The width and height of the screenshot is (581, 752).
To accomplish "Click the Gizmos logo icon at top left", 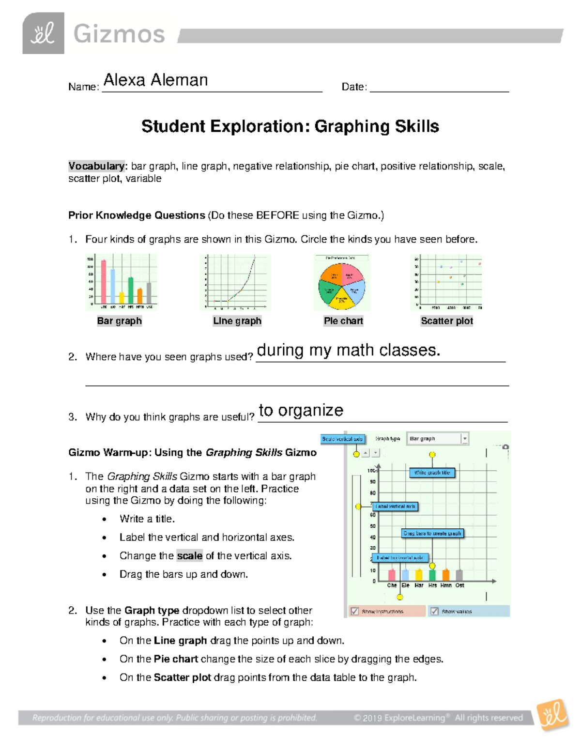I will click(x=43, y=33).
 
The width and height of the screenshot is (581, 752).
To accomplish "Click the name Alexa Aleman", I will click(x=155, y=80).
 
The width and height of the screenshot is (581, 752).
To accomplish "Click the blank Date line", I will click(x=439, y=87).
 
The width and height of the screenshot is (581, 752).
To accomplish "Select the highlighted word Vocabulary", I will click(x=96, y=166).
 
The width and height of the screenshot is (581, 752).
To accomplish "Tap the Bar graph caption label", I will click(x=119, y=321).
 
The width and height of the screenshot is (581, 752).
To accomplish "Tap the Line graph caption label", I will click(x=237, y=321).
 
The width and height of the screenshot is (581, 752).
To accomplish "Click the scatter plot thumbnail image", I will click(x=446, y=282).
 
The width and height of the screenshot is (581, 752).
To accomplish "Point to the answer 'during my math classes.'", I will click(x=348, y=350).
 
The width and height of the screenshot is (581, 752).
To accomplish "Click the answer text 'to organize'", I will click(x=301, y=410).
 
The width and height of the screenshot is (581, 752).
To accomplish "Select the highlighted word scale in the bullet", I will click(x=189, y=556).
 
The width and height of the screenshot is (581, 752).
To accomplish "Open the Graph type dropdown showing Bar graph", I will click(x=437, y=439).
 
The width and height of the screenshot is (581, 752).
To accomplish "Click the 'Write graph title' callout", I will click(x=432, y=473).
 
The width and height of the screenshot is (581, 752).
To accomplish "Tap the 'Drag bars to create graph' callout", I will click(x=432, y=533).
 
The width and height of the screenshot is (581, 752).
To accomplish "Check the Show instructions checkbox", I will click(x=355, y=611).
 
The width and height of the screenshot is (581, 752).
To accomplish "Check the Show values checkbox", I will click(x=434, y=611).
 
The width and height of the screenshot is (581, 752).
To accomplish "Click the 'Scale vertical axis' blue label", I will click(x=342, y=439).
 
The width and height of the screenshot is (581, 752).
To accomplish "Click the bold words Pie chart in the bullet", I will click(x=176, y=659).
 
